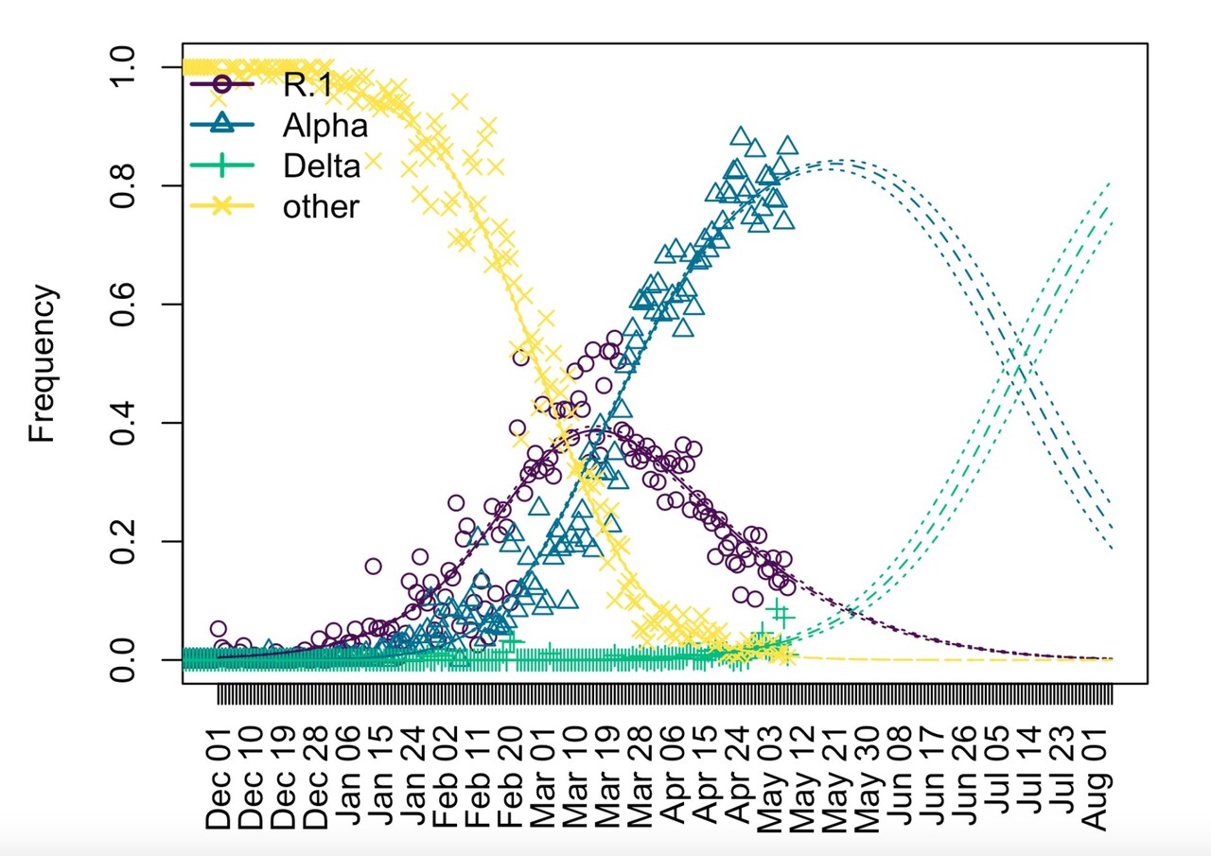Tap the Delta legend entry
pos(322,166)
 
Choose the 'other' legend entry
pos(321,206)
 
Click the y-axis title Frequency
pos(43,364)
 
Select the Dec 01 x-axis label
pos(219,768)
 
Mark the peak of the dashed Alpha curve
pos(832,166)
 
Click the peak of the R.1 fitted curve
pos(593,429)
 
